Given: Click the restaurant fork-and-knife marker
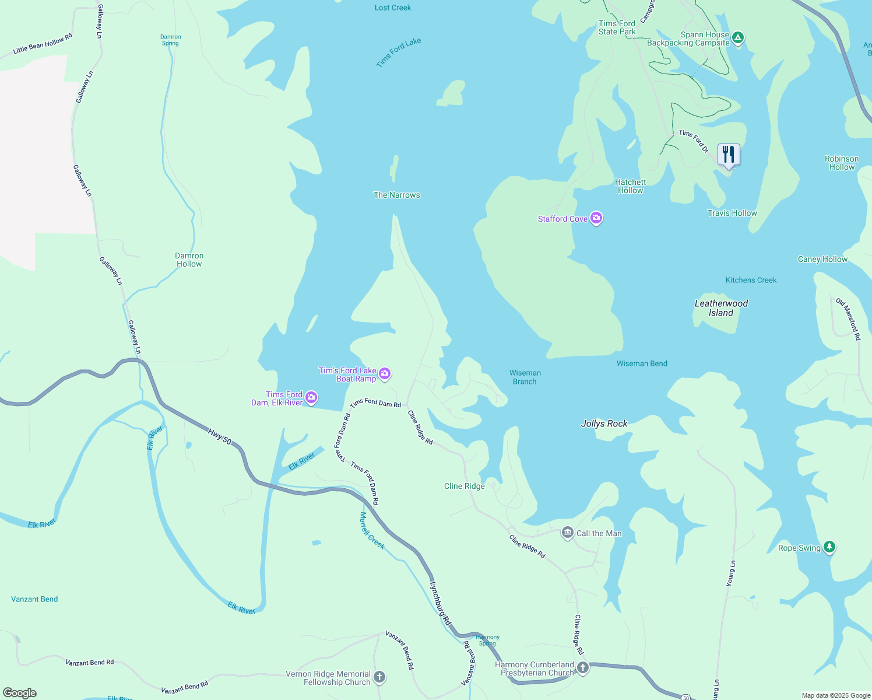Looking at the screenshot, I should click(x=729, y=155).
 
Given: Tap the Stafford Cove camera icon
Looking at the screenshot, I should click(x=596, y=219).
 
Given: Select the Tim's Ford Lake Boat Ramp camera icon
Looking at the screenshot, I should click(x=385, y=374).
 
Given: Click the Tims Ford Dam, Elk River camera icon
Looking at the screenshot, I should click(x=311, y=398).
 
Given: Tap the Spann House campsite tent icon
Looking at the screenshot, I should click(x=737, y=38).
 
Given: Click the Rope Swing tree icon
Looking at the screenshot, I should click(x=829, y=547).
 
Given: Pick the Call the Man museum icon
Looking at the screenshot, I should click(x=567, y=533).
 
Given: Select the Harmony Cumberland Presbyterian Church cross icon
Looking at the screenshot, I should click(x=582, y=667).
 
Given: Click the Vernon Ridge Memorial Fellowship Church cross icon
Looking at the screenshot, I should click(x=379, y=677).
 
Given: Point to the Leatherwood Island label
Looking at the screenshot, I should click(x=721, y=308).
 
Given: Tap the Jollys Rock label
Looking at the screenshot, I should click(x=604, y=423).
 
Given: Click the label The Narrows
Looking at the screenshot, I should click(x=396, y=195).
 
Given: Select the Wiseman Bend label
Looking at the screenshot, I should click(x=642, y=363).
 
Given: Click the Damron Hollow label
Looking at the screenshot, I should click(x=189, y=260).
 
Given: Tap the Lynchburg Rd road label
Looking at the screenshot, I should click(x=440, y=603).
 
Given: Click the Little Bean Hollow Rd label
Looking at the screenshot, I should click(x=43, y=44).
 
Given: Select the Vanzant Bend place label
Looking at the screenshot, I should click(x=34, y=599).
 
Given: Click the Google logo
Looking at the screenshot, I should click(x=20, y=692).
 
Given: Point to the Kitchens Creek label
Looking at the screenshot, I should click(x=751, y=280).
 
